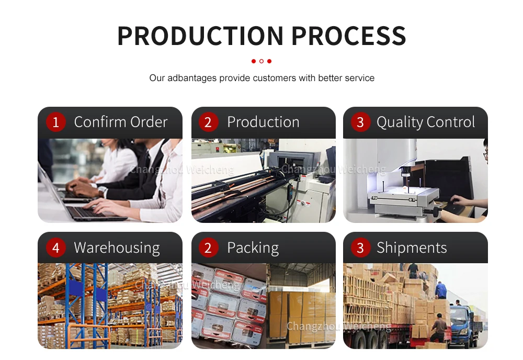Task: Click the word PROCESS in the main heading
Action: (348, 35)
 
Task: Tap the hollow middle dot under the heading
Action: (261, 61)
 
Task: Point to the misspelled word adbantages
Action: (191, 78)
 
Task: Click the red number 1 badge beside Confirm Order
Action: (56, 122)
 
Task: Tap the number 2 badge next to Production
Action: (208, 122)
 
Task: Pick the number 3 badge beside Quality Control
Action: (360, 122)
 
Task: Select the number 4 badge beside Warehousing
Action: (56, 248)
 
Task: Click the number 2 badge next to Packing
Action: (208, 248)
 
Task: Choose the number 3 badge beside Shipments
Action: (360, 248)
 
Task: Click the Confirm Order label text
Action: (121, 122)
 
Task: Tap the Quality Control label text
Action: (426, 122)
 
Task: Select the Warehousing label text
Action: (117, 248)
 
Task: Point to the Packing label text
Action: (253, 248)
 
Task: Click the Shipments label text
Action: (412, 248)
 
